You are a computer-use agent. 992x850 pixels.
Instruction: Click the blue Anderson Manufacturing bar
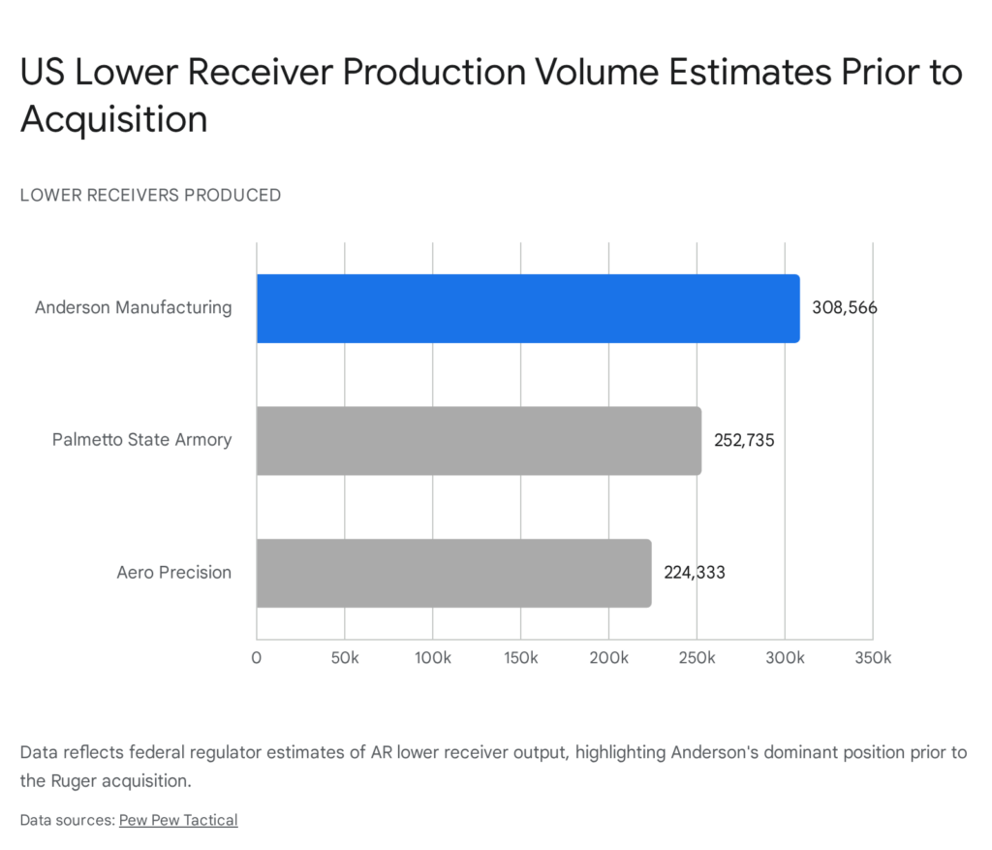click(x=528, y=308)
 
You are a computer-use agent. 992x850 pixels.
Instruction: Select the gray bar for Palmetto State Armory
click(x=479, y=441)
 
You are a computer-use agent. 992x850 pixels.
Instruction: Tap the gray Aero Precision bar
click(x=453, y=573)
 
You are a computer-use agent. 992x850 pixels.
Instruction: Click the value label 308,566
click(x=845, y=308)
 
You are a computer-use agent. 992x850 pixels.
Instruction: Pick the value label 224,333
click(x=694, y=573)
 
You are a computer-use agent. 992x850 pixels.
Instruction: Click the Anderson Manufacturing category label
click(x=134, y=308)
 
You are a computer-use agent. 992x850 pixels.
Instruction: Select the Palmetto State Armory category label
click(x=141, y=440)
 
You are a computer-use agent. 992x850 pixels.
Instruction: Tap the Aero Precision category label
click(x=174, y=573)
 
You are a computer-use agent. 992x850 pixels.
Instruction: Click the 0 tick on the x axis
click(x=257, y=659)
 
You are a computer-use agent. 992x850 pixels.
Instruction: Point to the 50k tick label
click(x=345, y=659)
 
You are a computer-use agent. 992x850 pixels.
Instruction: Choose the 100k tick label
click(x=432, y=659)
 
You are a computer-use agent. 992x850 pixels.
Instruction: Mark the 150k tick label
click(x=520, y=659)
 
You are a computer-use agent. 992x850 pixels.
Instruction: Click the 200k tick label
click(x=608, y=659)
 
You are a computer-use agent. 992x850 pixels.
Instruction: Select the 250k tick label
click(x=697, y=659)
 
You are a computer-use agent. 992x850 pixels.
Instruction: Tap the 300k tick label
click(x=785, y=659)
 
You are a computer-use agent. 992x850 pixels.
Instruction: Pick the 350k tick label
click(x=872, y=659)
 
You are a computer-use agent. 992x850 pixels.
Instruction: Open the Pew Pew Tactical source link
click(x=178, y=820)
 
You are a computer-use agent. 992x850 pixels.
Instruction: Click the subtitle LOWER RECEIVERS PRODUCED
click(x=150, y=195)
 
